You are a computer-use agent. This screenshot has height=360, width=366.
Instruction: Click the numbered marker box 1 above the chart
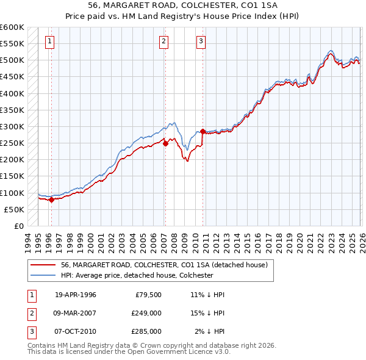(49, 41)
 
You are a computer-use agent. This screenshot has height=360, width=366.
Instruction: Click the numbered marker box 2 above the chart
(164, 41)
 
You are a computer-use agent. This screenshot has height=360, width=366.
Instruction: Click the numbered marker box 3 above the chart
(201, 41)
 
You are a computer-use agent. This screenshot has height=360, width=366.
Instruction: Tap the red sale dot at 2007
(165, 143)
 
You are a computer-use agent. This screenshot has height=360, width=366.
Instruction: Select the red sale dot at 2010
(203, 131)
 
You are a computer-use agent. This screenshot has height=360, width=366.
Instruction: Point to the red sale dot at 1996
(51, 200)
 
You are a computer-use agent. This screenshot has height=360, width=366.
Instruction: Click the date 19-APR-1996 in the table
(76, 295)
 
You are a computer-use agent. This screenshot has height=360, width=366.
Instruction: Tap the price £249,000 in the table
(146, 313)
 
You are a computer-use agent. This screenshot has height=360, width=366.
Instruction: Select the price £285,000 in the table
(146, 331)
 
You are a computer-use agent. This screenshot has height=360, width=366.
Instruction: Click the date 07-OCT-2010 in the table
(76, 331)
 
